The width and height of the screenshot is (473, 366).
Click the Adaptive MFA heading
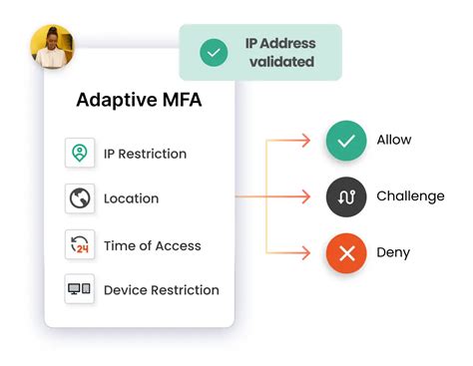tap(139, 101)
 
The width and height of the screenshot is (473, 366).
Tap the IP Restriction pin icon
tap(79, 154)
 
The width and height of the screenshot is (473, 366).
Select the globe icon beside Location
tap(79, 198)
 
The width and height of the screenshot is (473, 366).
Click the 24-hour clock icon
tap(79, 244)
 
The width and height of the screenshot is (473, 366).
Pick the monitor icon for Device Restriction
tap(79, 289)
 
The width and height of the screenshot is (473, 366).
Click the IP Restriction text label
tap(145, 154)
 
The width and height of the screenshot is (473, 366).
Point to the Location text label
tap(131, 198)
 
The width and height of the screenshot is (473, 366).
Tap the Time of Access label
tap(152, 245)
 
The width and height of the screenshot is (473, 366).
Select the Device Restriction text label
tap(161, 290)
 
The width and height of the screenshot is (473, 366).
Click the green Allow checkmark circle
tap(346, 141)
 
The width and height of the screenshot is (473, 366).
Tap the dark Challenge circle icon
tap(346, 196)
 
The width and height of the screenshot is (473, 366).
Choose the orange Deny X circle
tap(346, 253)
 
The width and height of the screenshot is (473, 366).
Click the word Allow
tap(393, 141)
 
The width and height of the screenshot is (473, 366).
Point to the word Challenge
tap(410, 196)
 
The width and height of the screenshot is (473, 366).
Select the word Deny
tap(393, 253)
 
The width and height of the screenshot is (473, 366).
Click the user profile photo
tap(52, 47)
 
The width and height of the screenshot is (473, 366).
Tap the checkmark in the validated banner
tap(214, 53)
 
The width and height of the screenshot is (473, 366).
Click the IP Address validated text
tap(279, 53)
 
